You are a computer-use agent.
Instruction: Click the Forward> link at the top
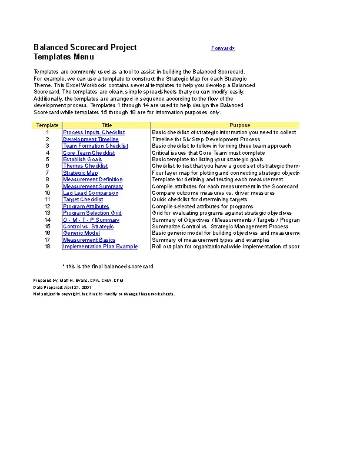coord(223,48)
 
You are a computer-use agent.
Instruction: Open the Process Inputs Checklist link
coord(94,132)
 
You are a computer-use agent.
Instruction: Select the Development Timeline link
coord(91,139)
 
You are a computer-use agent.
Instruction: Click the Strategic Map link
coord(81,173)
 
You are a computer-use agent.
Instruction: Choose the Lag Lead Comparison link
coord(91,193)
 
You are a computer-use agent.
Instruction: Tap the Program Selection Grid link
coord(92,213)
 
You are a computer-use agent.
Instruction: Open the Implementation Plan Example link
coord(100,247)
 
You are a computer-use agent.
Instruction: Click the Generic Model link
coord(81,233)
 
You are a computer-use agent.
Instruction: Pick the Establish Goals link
coord(82,159)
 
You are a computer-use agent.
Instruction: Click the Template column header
coord(47,125)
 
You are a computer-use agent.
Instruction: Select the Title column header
coord(106,125)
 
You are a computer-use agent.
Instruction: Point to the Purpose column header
coord(239,125)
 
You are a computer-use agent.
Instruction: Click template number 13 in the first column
coord(47,213)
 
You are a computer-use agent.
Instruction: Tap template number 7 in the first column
coord(47,173)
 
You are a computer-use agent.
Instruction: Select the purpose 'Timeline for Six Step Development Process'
coord(206,139)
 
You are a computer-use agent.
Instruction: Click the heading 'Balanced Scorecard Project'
coord(85,48)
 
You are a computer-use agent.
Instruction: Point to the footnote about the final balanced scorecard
coord(108,267)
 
